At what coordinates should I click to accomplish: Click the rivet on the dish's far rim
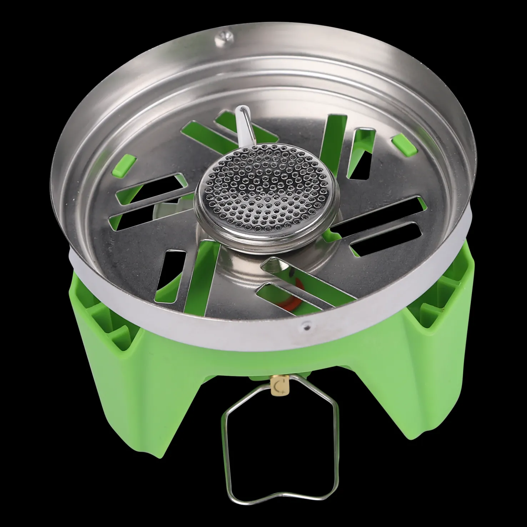[224, 35]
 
